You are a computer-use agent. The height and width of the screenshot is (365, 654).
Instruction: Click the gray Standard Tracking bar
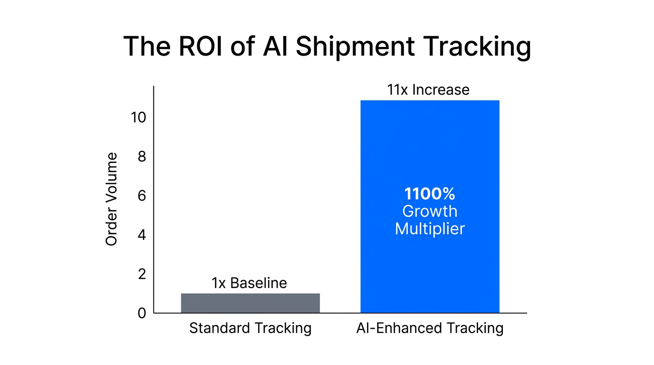[250, 303]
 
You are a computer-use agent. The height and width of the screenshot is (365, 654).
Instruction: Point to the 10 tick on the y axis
[138, 117]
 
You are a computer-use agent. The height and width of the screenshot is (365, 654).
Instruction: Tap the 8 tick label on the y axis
[142, 156]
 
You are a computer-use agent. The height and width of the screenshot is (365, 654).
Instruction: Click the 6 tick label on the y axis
[142, 196]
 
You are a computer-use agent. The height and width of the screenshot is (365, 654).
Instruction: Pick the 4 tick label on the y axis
[142, 235]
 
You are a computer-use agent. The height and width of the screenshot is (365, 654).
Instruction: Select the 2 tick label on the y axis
[142, 274]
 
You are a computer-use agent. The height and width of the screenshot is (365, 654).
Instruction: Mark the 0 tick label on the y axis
[142, 313]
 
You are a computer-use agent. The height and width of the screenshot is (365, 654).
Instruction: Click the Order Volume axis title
[111, 200]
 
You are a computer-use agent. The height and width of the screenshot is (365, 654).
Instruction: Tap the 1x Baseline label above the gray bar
[249, 283]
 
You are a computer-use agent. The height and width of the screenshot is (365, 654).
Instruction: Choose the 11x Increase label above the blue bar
[428, 89]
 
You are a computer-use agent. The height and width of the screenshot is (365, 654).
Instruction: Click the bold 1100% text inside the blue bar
[430, 194]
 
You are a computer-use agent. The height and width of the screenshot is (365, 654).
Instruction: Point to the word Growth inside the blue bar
[430, 211]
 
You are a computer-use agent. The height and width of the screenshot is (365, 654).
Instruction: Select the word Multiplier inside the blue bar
[430, 229]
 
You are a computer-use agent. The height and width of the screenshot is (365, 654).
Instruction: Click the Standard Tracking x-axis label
[250, 328]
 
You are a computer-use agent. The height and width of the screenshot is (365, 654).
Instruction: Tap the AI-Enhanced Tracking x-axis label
[430, 328]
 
